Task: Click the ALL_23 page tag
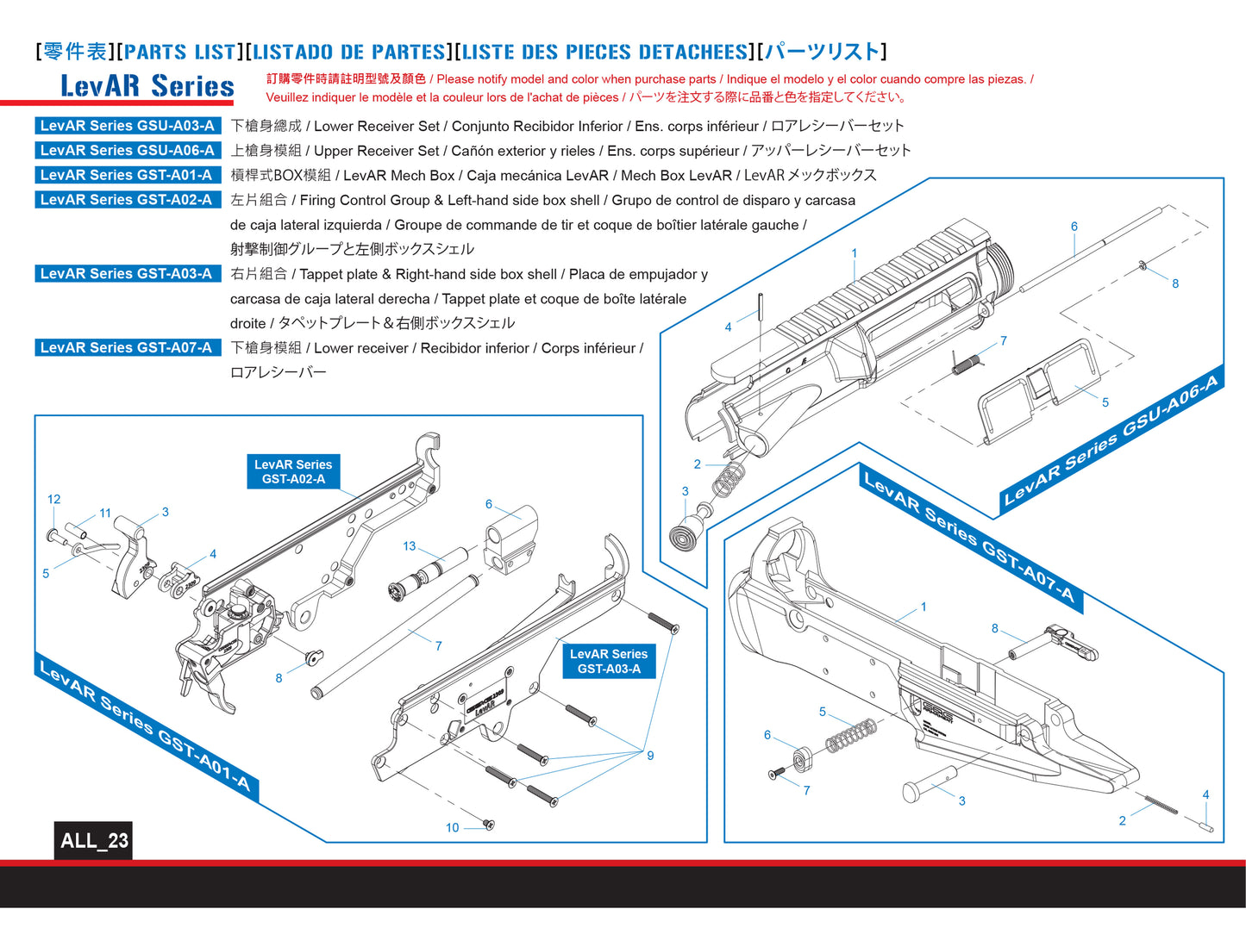tap(93, 840)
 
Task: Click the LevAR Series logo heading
tap(147, 86)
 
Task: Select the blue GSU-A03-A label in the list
tap(127, 126)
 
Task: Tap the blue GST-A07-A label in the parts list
tap(126, 348)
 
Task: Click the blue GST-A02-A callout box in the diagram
tap(293, 471)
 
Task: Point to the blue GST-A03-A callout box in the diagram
tap(609, 661)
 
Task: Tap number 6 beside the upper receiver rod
tap(1074, 227)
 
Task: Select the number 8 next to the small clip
tap(1175, 283)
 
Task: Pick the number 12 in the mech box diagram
tap(54, 499)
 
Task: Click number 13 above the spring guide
tap(410, 546)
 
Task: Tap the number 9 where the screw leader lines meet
tap(650, 756)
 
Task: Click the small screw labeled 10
tap(488, 825)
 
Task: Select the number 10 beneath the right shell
tap(452, 828)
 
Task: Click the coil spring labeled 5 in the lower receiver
tap(851, 736)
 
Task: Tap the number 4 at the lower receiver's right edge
tap(1205, 794)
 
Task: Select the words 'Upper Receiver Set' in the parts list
tap(376, 151)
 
